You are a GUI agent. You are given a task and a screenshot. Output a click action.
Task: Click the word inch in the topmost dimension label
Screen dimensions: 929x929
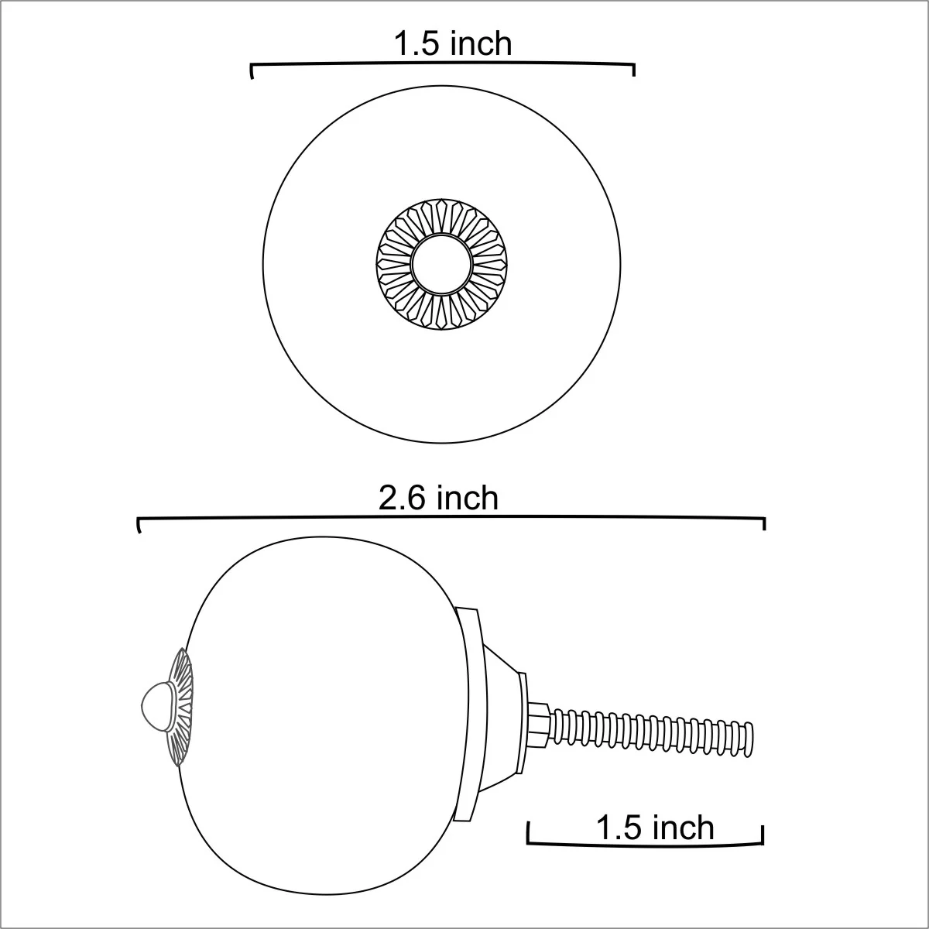tap(480, 44)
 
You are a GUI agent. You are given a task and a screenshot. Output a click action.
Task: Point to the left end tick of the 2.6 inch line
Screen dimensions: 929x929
tap(139, 525)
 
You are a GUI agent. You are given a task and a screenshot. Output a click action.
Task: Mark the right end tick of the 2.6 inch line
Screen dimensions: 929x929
tap(764, 524)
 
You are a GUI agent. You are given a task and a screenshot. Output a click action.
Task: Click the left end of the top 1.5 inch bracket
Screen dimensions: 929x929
tap(251, 71)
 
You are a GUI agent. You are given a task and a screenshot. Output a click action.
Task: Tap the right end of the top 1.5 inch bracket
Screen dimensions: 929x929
tap(633, 70)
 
